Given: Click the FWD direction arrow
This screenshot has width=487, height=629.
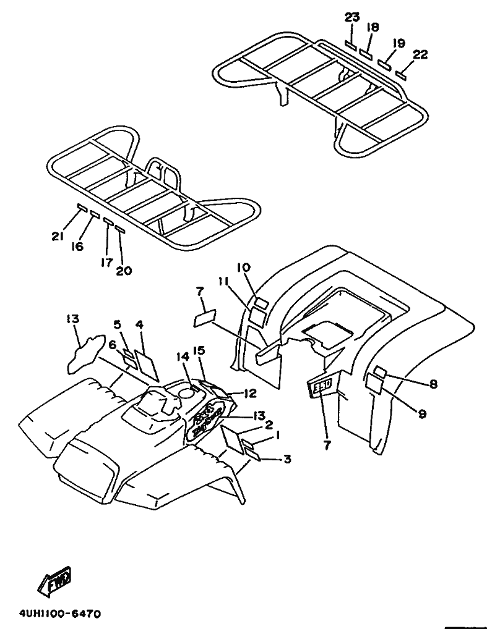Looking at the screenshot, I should (x=55, y=581).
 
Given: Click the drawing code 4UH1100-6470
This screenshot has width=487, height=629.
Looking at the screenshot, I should (x=60, y=614).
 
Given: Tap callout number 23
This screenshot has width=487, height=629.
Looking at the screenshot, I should (x=352, y=17).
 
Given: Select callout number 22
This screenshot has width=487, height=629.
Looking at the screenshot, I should (x=420, y=54).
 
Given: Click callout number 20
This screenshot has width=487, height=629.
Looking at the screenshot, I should (x=124, y=270).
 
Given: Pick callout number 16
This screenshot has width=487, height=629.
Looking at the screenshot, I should (x=77, y=247).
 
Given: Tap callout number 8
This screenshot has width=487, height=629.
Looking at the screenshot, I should (x=433, y=384).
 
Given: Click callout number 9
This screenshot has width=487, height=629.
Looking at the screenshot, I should (x=422, y=414).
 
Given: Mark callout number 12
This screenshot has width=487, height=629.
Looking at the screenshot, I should (x=249, y=393).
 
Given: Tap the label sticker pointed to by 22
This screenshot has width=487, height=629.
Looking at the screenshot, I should (x=401, y=75).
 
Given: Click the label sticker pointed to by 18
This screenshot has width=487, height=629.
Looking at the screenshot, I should (x=366, y=54).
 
